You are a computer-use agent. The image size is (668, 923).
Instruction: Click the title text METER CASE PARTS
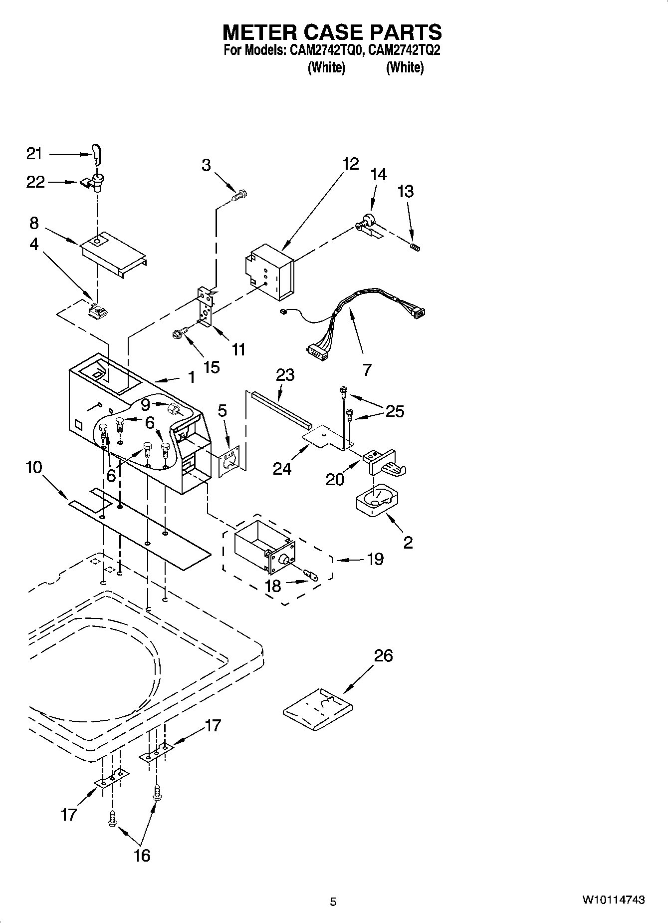click(332, 32)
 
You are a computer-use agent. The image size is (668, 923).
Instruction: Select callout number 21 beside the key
click(34, 154)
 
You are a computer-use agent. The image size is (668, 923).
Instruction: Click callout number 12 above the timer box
click(350, 164)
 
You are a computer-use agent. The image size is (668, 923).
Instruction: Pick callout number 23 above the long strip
click(285, 374)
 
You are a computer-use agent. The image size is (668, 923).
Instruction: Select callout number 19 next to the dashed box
click(375, 559)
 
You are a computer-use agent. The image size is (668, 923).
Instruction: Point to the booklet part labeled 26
click(317, 709)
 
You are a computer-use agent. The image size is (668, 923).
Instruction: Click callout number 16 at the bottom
click(142, 855)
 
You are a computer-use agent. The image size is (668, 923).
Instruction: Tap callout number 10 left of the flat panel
click(34, 467)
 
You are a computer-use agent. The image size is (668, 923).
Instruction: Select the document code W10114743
click(613, 900)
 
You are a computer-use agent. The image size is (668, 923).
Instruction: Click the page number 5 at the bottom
click(333, 902)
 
